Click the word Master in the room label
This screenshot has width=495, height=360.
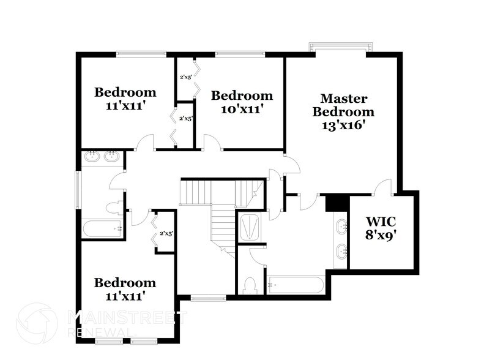343,98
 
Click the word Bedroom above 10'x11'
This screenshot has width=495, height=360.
242,96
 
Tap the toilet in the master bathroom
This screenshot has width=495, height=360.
249,284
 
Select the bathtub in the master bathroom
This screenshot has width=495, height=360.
295,285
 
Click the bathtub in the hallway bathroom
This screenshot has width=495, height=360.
102,230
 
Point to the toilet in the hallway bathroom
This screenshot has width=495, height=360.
113,209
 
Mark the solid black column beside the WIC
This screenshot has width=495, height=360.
336,203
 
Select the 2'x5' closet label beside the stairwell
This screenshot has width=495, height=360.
166,233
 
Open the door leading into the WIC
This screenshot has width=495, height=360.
385,186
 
